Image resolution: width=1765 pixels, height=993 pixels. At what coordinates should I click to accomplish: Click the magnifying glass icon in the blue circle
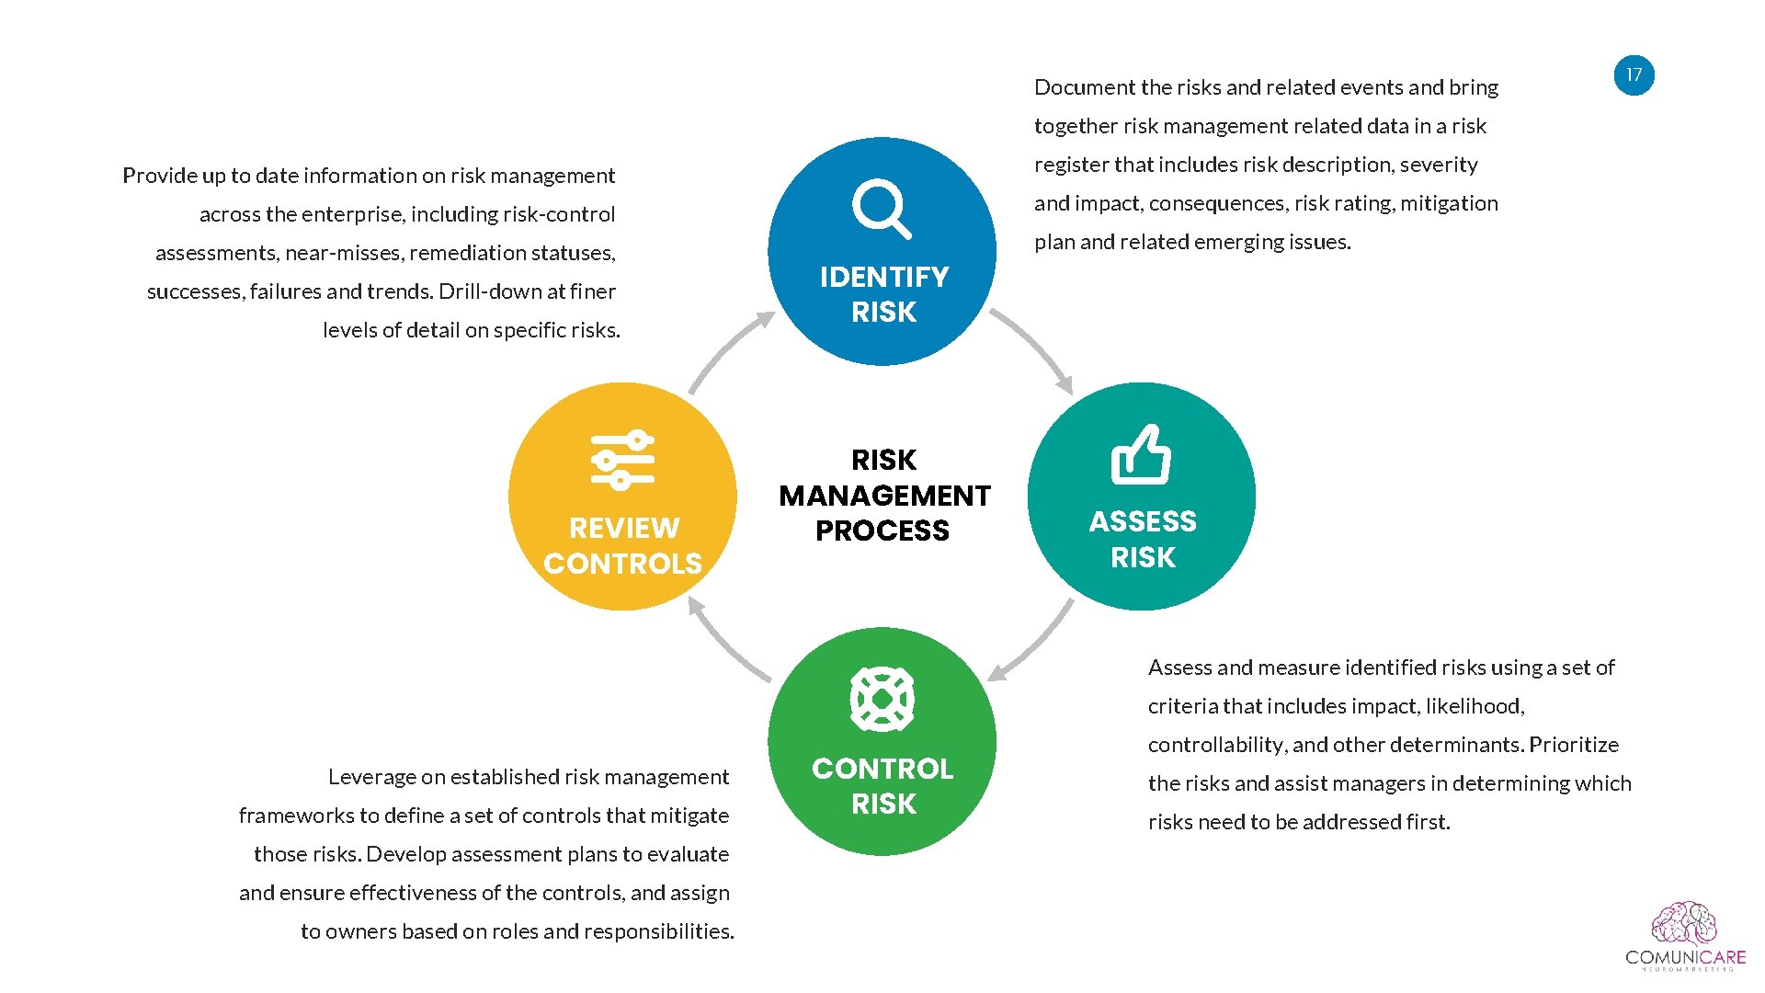click(881, 209)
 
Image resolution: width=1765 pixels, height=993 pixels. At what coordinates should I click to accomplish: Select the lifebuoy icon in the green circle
click(882, 699)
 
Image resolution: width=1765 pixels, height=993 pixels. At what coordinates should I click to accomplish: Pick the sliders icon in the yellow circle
click(622, 459)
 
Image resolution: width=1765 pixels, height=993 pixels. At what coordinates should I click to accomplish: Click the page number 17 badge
click(1634, 75)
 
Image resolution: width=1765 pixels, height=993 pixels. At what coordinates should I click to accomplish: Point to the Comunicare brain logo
click(1684, 924)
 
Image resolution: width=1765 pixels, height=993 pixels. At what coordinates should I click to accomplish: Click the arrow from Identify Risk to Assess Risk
click(1035, 349)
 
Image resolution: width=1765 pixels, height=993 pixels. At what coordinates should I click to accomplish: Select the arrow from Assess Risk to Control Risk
click(1033, 644)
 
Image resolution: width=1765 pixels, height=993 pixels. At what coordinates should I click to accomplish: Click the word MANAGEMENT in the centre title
click(883, 496)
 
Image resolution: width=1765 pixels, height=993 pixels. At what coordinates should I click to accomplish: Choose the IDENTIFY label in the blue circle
click(883, 277)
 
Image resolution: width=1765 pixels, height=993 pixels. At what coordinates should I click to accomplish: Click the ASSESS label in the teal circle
click(1143, 521)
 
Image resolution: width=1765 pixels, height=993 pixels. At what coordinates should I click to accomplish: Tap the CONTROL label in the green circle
click(882, 769)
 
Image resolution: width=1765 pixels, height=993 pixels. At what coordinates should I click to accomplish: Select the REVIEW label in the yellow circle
click(623, 528)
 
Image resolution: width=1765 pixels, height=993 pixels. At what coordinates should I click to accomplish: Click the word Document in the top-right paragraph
click(1084, 87)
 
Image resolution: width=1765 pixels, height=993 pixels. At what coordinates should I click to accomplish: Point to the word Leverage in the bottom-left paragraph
click(371, 777)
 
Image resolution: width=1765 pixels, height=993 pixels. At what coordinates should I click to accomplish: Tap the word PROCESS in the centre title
click(882, 531)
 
